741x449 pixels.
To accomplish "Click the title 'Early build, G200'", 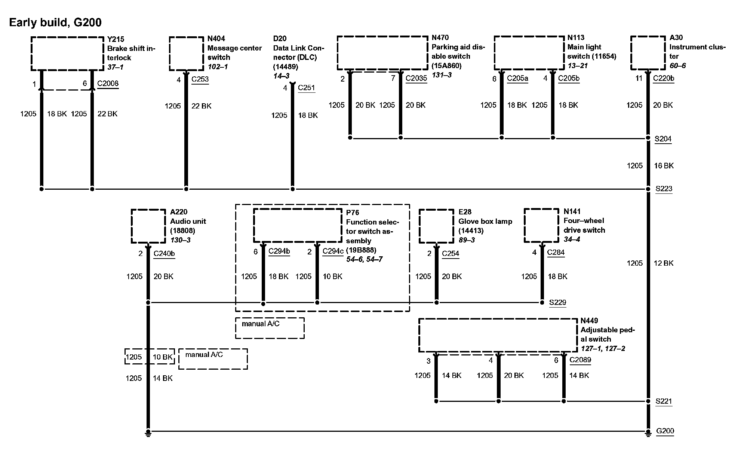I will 55,22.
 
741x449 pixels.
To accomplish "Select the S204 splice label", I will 663,139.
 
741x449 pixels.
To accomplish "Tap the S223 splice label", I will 664,189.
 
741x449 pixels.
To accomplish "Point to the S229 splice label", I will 557,302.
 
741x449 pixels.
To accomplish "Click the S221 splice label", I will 664,401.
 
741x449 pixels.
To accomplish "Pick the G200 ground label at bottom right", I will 665,431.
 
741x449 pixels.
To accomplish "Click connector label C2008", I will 108,83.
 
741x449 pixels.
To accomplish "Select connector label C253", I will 200,79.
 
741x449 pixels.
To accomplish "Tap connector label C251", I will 307,88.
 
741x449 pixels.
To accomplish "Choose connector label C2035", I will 416,79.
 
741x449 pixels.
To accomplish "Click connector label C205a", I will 517,79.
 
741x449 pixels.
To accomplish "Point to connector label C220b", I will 664,79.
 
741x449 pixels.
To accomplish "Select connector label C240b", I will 164,253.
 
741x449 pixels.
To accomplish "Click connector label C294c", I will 333,251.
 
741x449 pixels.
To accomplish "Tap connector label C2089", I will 580,360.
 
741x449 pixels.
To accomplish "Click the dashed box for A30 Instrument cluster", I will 648,53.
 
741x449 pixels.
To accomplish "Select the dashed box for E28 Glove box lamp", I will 436,226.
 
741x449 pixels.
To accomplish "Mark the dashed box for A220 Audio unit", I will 148,226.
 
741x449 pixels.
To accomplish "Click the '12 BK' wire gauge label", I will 663,263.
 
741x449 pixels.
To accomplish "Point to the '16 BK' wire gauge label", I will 664,165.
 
